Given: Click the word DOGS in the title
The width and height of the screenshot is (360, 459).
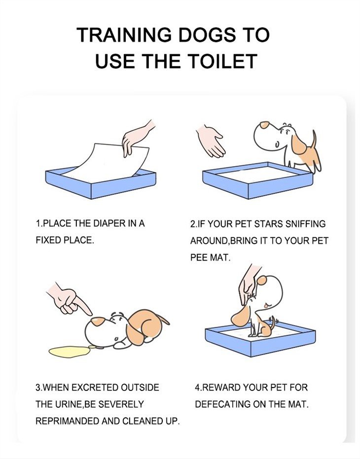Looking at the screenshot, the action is [207, 35].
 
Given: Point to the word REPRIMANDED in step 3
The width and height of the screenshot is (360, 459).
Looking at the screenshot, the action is [68, 421].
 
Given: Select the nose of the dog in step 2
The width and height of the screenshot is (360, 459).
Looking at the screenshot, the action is [264, 125].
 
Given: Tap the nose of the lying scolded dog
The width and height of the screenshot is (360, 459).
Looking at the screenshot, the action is [98, 321].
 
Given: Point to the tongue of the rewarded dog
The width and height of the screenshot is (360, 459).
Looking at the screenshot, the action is [265, 306].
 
